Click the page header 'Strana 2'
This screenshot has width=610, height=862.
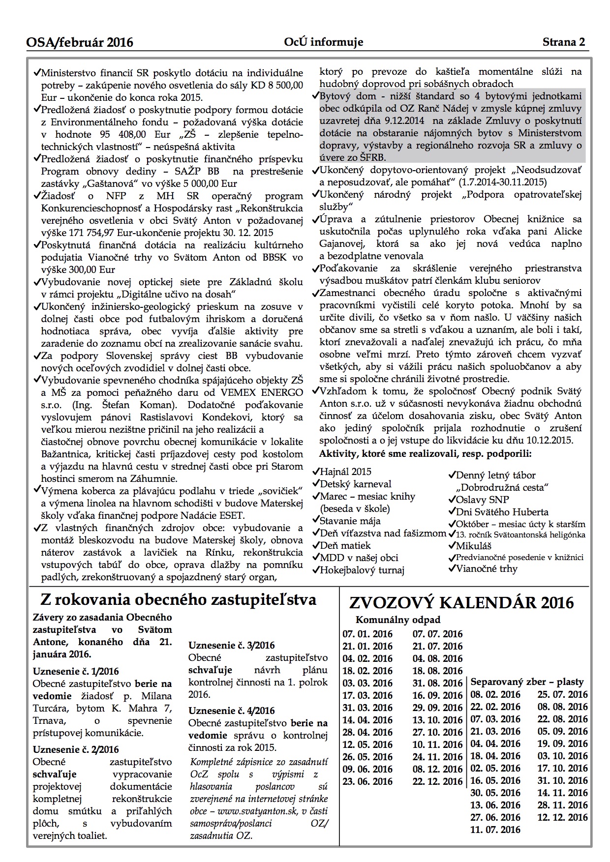pos(564,42)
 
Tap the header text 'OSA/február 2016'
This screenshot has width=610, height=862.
pos(80,43)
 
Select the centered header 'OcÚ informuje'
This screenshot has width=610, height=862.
pos(324,42)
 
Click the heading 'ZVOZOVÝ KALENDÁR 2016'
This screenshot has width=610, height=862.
pos(461,603)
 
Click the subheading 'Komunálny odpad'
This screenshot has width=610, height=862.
pos(398,620)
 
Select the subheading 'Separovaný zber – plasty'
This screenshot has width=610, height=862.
pos(527,682)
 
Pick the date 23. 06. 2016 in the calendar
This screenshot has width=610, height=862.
pos(367,781)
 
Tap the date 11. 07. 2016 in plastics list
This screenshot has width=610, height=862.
pos(495,830)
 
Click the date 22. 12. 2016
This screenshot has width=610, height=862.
pos(437,781)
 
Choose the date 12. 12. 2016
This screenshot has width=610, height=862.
pos(562,817)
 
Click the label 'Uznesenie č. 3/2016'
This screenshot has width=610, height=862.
pos(231,645)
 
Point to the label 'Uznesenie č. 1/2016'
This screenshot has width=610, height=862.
pos(76,671)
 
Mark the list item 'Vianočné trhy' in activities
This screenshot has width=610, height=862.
pos(487,569)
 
